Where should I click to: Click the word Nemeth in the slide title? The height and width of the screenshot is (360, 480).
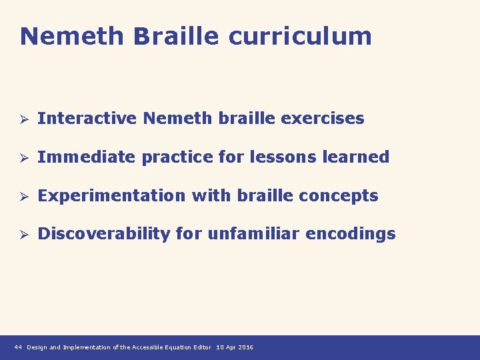72,36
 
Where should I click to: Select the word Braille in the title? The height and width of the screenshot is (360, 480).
176,36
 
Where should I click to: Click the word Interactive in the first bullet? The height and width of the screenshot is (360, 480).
87,119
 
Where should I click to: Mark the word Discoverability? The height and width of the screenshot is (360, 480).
104,234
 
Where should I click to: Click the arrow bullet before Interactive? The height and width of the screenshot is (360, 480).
22,119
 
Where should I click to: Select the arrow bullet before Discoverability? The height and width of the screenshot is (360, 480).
22,235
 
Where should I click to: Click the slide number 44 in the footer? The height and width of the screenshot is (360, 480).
18,347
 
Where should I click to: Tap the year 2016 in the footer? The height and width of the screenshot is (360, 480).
245,347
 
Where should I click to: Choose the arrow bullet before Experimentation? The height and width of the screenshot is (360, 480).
22,197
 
